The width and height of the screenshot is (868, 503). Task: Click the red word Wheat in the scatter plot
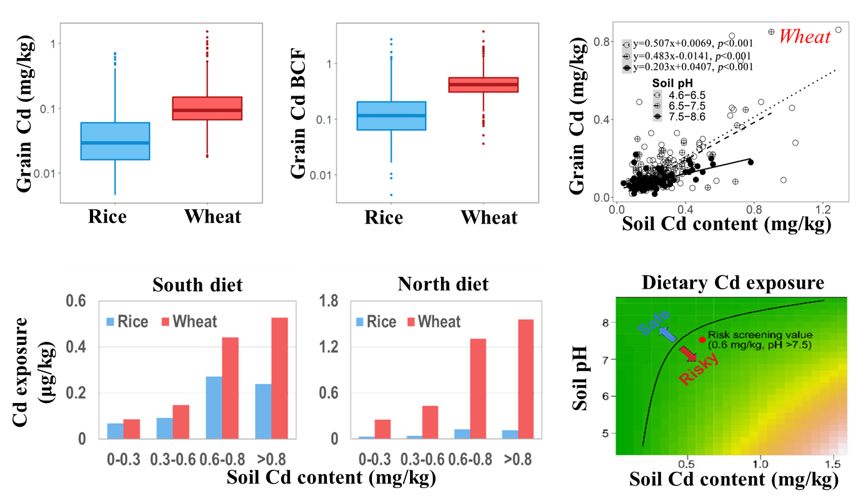click(805, 37)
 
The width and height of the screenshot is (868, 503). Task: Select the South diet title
click(197, 286)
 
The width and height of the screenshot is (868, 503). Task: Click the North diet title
click(443, 284)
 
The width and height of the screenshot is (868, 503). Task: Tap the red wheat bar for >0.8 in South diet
click(280, 378)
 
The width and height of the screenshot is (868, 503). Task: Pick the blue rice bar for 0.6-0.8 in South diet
click(214, 407)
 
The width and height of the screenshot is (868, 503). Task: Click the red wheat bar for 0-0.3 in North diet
click(383, 429)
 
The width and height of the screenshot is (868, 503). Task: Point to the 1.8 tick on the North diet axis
click(329, 302)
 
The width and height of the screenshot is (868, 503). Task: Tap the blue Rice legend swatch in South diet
click(111, 322)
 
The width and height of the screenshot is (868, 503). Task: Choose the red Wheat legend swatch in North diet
click(411, 322)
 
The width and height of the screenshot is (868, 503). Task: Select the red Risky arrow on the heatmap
click(688, 354)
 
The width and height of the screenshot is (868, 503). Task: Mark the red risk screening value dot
click(702, 340)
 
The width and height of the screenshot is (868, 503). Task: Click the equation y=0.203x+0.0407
click(692, 67)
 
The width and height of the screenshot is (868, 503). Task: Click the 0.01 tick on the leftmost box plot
click(44, 173)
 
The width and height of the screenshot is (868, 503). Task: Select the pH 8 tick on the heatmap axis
click(605, 324)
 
